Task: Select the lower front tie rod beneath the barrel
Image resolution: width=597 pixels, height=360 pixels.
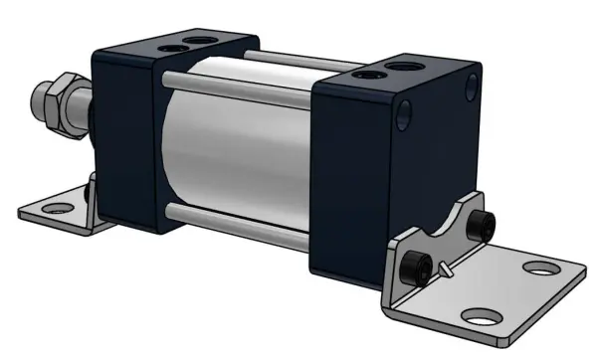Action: tap(239, 224)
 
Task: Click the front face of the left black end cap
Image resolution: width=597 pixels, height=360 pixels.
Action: tap(124, 129)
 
